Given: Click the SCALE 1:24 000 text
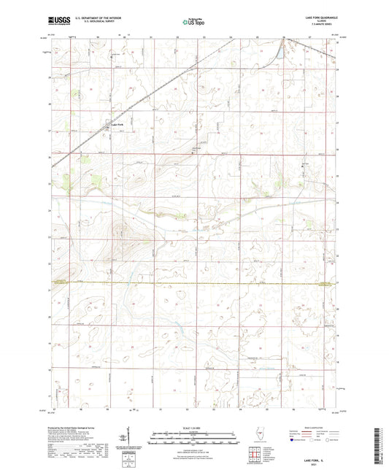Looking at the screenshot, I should tap(193, 427).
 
